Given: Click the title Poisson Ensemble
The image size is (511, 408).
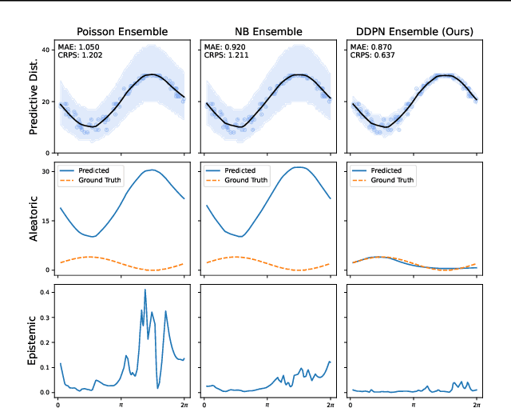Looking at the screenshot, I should [x=121, y=32].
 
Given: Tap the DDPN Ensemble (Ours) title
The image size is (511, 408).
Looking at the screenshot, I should [x=414, y=32].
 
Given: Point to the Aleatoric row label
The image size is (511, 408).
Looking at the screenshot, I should [x=34, y=219].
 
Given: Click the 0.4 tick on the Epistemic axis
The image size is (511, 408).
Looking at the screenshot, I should [x=46, y=293].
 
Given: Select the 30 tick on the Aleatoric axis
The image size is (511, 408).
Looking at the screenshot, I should [x=47, y=171].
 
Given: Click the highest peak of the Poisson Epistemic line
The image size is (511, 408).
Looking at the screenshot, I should [x=145, y=290].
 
